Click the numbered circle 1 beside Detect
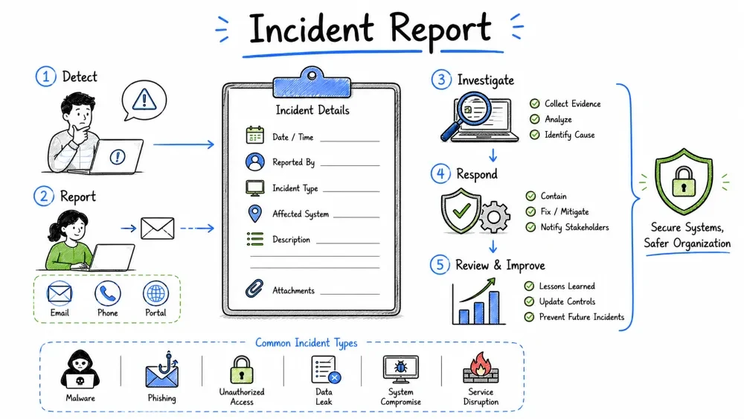45,76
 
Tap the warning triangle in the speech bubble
144,99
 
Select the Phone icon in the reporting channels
108,293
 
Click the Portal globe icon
155,293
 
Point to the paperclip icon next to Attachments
254,288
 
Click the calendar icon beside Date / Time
254,135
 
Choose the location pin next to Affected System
254,214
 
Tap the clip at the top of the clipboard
312,83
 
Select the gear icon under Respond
494,217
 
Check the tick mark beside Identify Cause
535,135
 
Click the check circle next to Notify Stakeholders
530,227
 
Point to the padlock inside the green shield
683,182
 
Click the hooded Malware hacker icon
80,370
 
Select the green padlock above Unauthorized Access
242,370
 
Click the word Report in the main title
440,30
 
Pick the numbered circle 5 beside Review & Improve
440,264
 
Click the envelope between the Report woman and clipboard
158,228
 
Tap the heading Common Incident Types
306,342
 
